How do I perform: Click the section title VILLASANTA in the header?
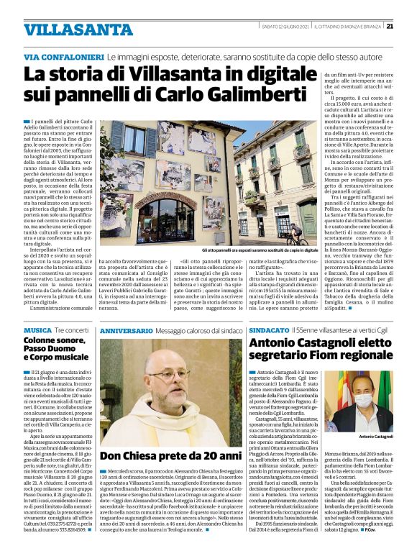point(68,29)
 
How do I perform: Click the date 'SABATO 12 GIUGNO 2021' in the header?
point(284,27)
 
